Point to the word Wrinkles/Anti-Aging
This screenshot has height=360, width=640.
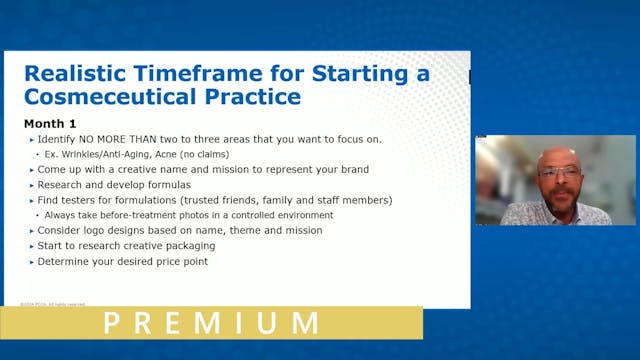tap(98, 154)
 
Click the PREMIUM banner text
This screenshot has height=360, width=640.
tap(211, 323)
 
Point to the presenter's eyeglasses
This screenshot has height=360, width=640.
tap(558, 171)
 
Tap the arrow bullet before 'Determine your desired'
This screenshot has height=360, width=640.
tap(30, 261)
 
